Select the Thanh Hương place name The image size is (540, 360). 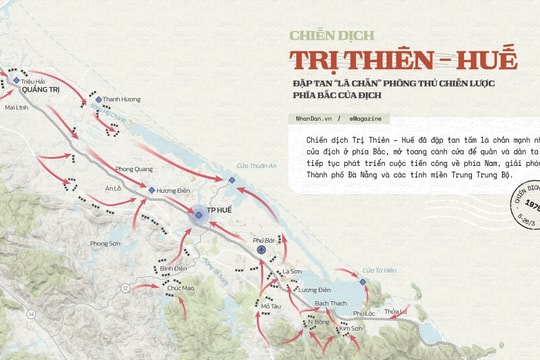point(123,99)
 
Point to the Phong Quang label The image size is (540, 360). point(133,169)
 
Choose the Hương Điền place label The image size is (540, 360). point(173,190)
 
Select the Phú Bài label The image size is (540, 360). point(263,240)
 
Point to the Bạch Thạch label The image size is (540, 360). point(330,301)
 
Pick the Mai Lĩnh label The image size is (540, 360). point(17,105)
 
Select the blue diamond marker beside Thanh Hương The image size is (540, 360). point(98,100)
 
